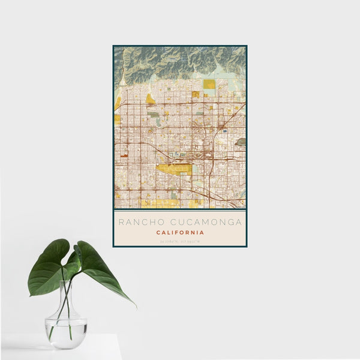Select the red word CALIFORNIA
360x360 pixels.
point(180,232)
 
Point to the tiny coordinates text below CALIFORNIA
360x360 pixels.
point(180,241)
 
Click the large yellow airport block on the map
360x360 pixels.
point(174,169)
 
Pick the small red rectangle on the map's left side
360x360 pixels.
point(124,155)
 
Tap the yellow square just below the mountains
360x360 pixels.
point(209,84)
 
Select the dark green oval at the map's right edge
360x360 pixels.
point(241,142)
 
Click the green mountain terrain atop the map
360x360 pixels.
point(180,60)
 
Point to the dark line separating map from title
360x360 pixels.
point(180,210)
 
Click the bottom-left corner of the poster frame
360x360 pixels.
point(113,246)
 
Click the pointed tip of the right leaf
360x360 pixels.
point(135,306)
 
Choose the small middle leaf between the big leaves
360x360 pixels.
point(77,254)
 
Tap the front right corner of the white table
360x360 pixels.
point(121,336)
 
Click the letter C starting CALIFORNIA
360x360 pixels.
point(158,232)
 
